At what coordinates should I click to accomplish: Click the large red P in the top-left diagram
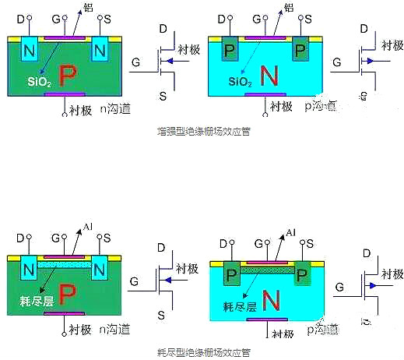(x=69, y=75)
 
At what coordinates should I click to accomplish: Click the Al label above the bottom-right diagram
(x=291, y=232)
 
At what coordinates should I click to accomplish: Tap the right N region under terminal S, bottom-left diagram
(x=99, y=270)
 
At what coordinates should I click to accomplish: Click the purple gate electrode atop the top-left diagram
(x=63, y=37)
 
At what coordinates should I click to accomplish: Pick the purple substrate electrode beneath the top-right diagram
(x=265, y=95)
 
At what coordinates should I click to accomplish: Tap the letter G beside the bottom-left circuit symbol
(x=135, y=280)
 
